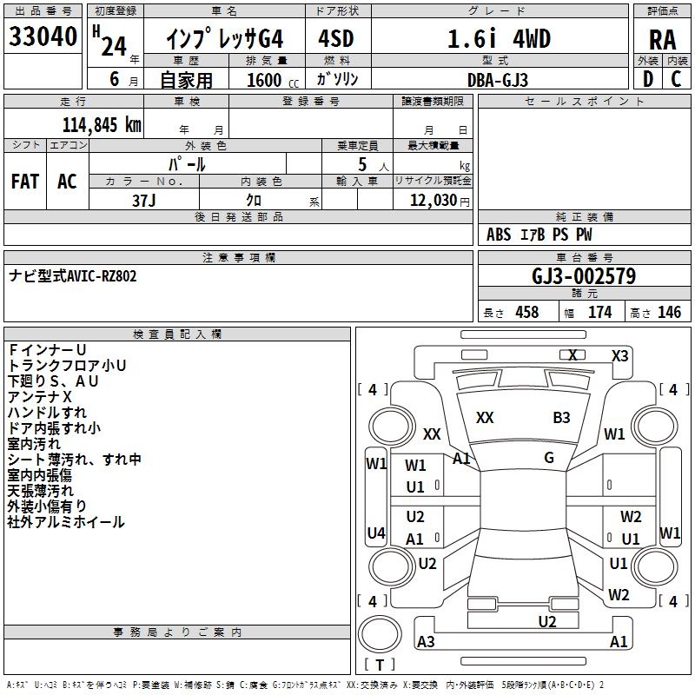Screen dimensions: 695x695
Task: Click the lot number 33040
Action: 43,37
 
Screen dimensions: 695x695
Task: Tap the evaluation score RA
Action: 662,40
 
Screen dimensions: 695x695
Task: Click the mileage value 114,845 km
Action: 102,124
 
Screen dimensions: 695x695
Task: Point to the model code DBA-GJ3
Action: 497,79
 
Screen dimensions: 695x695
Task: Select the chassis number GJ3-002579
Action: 583,277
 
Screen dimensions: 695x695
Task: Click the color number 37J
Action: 144,199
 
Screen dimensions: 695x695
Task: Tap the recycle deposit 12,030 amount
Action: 434,200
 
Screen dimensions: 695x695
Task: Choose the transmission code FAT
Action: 24,182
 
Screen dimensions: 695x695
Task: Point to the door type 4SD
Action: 337,38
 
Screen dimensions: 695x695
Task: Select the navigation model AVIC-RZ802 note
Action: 73,276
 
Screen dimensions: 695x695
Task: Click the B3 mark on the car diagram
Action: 561,418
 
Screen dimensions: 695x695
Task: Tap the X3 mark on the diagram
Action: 619,355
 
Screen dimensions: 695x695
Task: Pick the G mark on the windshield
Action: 549,458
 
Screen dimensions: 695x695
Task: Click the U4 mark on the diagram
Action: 376,533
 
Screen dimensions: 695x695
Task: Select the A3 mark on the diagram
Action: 426,641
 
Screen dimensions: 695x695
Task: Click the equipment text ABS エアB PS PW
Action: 540,235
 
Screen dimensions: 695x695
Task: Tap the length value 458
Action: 526,313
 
